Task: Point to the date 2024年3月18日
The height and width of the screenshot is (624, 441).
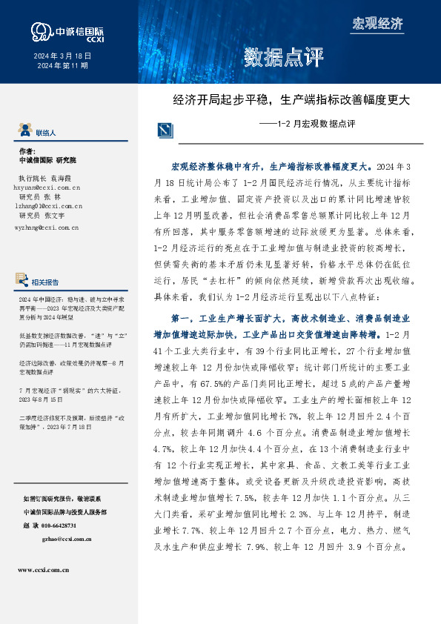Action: pyautogui.click(x=62, y=56)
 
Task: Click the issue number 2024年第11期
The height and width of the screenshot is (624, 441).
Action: pyautogui.click(x=62, y=66)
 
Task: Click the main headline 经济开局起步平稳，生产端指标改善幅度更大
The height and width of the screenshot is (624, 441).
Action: pyautogui.click(x=291, y=99)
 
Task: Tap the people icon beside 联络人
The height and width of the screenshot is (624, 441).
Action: pyautogui.click(x=25, y=132)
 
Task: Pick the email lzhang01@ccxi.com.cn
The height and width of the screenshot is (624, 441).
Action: pyautogui.click(x=47, y=207)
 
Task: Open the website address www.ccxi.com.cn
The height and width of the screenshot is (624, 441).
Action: pyautogui.click(x=43, y=570)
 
